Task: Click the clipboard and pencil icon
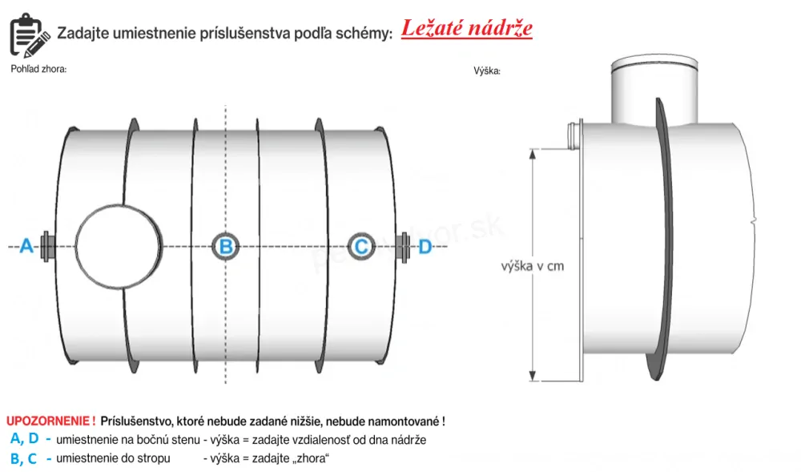click(x=29, y=33)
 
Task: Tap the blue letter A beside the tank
click(x=26, y=247)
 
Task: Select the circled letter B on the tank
click(x=227, y=247)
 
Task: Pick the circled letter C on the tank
click(x=361, y=247)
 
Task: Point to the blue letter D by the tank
click(x=425, y=247)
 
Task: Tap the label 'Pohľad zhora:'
click(x=38, y=69)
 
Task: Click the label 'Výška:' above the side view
click(x=487, y=71)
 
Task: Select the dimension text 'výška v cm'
click(x=533, y=266)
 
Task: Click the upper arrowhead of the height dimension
click(x=533, y=153)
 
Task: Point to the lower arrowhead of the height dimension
click(x=533, y=377)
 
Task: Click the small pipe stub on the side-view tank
click(x=571, y=135)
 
